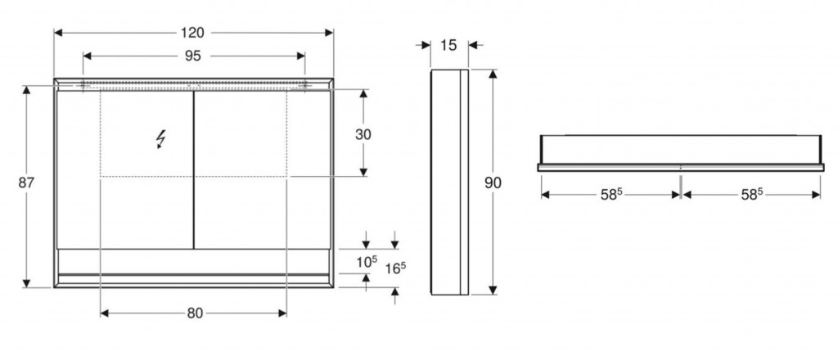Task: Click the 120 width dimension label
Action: pyautogui.click(x=192, y=33)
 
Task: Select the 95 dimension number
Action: pyautogui.click(x=193, y=56)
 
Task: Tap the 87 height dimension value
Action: pyautogui.click(x=26, y=182)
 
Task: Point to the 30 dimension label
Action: pyautogui.click(x=363, y=135)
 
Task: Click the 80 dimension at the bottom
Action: pyautogui.click(x=195, y=313)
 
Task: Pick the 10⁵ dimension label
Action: pyautogui.click(x=367, y=262)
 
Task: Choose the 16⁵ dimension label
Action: pyautogui.click(x=395, y=268)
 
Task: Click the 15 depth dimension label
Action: pyautogui.click(x=449, y=45)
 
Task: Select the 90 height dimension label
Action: pyautogui.click(x=493, y=182)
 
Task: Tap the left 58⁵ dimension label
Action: pyautogui.click(x=611, y=195)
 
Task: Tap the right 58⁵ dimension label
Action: pyautogui.click(x=752, y=195)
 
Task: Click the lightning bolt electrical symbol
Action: pyautogui.click(x=160, y=139)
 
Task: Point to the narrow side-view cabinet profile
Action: pyautogui.click(x=449, y=182)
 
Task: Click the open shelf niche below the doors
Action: pyautogui.click(x=193, y=262)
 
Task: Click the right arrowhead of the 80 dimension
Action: pyautogui.click(x=282, y=313)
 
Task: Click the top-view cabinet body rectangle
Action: pyautogui.click(x=681, y=149)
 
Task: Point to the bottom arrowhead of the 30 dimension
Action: pyautogui.click(x=363, y=172)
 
